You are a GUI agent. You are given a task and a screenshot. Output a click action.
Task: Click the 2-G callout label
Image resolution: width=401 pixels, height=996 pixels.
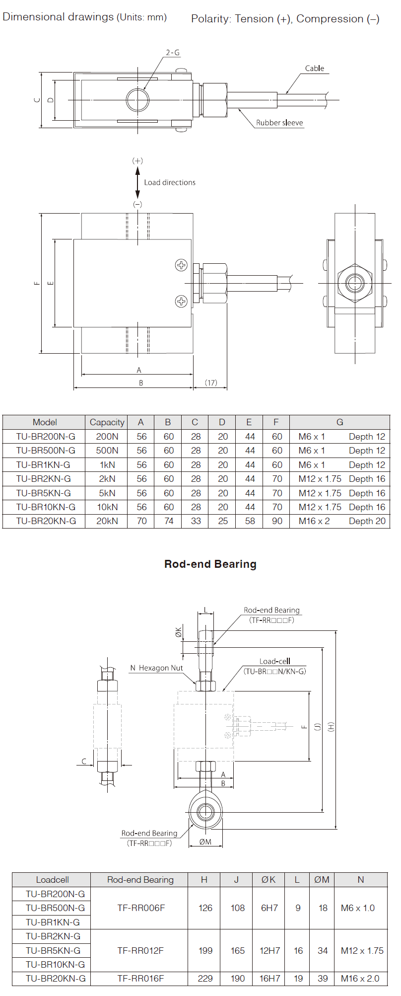[x=172, y=53]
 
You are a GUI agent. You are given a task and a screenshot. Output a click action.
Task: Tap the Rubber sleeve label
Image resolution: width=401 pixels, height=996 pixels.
[x=279, y=123]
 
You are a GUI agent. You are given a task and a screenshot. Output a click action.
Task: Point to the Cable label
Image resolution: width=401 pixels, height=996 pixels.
[x=314, y=69]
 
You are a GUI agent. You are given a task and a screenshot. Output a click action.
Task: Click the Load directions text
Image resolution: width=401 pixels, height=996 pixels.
[x=170, y=182]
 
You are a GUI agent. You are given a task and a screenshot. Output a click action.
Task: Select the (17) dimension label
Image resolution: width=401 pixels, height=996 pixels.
[x=211, y=383]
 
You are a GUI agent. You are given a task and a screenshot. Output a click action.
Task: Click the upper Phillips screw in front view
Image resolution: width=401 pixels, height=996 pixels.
[x=181, y=265]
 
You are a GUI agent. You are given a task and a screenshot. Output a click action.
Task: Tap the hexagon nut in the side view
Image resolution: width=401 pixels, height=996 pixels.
[x=355, y=283]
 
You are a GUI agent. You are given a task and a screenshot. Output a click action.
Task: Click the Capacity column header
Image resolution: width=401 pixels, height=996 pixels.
[x=107, y=422]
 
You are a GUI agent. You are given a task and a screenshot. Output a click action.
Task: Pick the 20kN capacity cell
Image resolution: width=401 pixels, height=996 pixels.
[x=107, y=521]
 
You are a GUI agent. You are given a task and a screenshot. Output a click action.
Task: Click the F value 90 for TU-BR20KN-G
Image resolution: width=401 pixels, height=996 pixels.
[x=277, y=521]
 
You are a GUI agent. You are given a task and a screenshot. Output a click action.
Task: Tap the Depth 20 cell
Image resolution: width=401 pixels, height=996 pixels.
[x=367, y=521]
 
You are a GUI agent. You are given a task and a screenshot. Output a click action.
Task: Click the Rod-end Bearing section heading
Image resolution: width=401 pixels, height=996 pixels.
[x=210, y=564]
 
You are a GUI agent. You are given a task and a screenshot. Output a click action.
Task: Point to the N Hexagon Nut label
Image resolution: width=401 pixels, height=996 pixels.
[x=156, y=668]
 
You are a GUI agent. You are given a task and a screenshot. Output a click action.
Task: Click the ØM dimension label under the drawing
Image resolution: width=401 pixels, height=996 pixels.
[x=205, y=842]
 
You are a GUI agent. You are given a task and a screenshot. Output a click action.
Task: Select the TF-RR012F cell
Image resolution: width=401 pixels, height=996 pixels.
[x=140, y=950]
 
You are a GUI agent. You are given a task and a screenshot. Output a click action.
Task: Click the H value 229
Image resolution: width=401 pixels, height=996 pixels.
[x=205, y=978]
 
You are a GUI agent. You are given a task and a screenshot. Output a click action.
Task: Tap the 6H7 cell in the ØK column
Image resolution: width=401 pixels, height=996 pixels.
[x=269, y=908]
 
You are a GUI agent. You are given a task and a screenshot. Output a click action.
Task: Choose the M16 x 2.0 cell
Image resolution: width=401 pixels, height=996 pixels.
[x=360, y=978]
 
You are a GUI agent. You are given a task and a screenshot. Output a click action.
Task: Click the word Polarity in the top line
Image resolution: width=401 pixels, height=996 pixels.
[x=211, y=19]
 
